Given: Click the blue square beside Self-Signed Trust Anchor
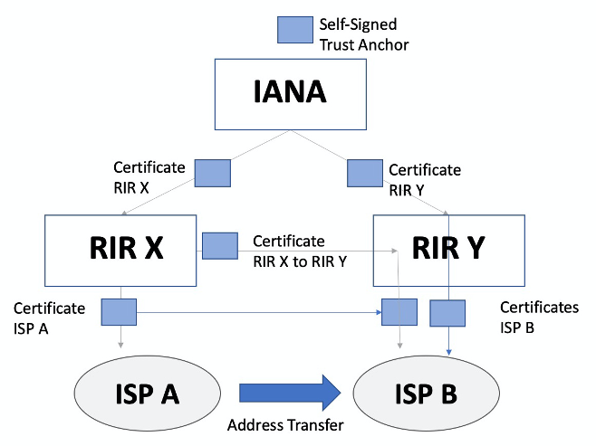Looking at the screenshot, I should point(293,30).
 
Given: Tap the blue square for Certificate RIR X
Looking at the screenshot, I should point(214,173).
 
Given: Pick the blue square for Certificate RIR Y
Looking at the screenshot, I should point(365,173).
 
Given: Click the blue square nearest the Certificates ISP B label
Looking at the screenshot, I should point(447,313).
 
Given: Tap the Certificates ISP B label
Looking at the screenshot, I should point(539,318).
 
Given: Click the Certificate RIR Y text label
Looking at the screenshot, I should point(424,178).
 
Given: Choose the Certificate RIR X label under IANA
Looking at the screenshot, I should point(149,176).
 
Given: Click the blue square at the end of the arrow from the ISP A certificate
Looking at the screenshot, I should point(399,312).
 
